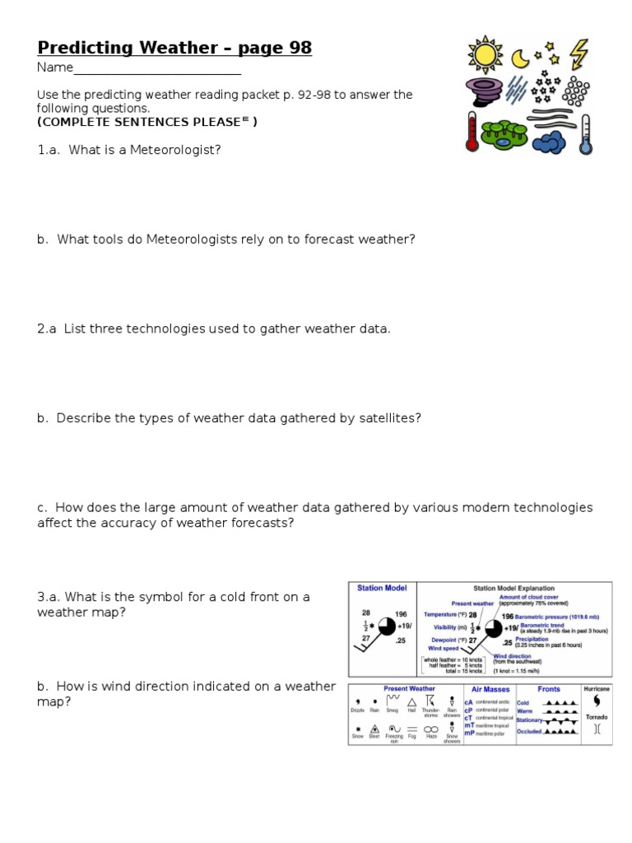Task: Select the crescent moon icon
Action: pos(520,58)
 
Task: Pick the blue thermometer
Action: pos(585,134)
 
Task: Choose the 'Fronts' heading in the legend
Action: pos(549,689)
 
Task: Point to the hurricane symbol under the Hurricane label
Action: pos(597,701)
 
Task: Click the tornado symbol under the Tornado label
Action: pos(597,729)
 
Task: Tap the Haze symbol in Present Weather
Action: pos(430,729)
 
